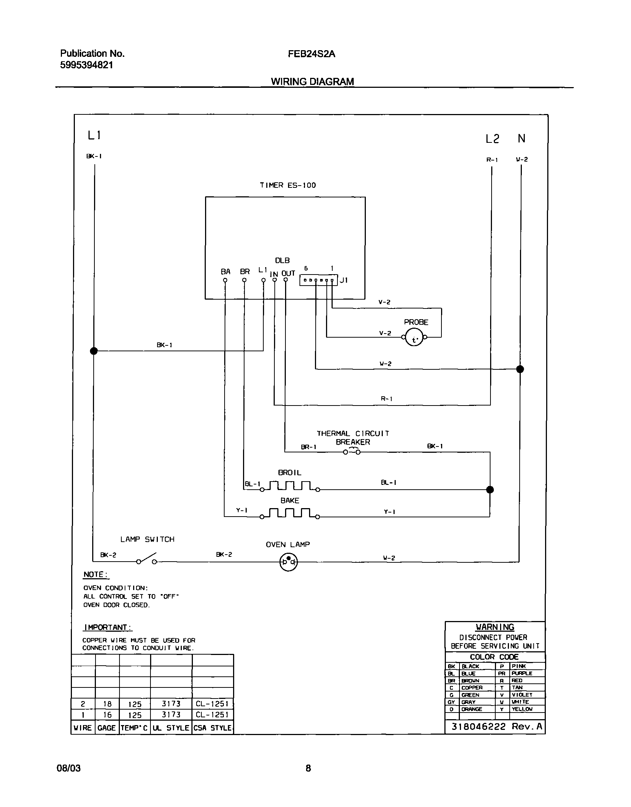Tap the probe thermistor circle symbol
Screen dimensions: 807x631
pyautogui.click(x=414, y=337)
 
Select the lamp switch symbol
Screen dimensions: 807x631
pyautogui.click(x=147, y=559)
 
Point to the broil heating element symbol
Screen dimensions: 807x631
pyautogui.click(x=290, y=486)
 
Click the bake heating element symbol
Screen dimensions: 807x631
pyautogui.click(x=290, y=514)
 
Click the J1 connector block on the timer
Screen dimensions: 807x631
pyautogui.click(x=318, y=280)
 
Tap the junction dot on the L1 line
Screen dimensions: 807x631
pyautogui.click(x=94, y=351)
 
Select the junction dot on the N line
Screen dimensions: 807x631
pyautogui.click(x=520, y=369)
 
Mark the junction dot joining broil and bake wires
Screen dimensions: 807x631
pyautogui.click(x=490, y=490)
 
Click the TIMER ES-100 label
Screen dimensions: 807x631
pyautogui.click(x=288, y=185)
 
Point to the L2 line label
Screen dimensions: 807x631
pyautogui.click(x=492, y=139)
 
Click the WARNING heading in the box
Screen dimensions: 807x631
pyautogui.click(x=495, y=627)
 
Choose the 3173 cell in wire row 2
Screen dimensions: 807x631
pyautogui.click(x=171, y=703)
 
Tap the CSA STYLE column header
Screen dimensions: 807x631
pyautogui.click(x=212, y=728)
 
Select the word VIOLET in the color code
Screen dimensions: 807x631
pyautogui.click(x=521, y=694)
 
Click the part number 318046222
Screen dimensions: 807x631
pyautogui.click(x=478, y=727)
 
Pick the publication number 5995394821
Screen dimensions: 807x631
pyautogui.click(x=86, y=65)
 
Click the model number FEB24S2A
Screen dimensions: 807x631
pyautogui.click(x=311, y=54)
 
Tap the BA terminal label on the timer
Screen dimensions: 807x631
pyautogui.click(x=225, y=272)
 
